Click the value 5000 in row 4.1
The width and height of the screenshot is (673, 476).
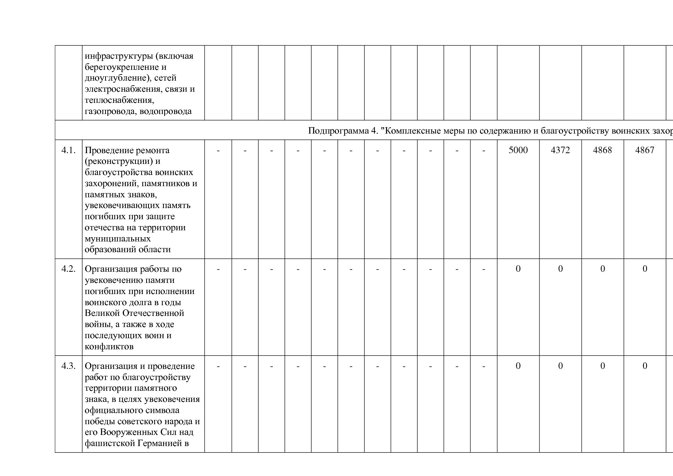[518, 150]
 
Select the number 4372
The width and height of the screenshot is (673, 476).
[560, 150]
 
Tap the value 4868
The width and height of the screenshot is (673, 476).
[602, 150]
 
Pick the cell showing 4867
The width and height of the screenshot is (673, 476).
[645, 150]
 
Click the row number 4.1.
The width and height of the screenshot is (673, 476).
[68, 150]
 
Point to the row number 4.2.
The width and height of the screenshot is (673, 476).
[68, 269]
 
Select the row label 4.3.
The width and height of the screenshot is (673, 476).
[68, 366]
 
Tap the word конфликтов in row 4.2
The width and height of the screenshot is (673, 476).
[109, 347]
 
